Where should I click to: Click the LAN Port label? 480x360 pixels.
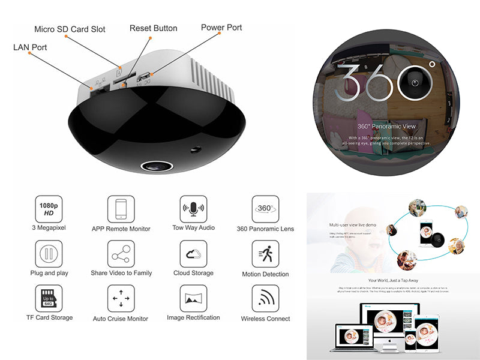pos(30,47)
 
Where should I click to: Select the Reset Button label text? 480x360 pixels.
pos(154,28)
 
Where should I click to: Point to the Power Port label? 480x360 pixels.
pos(221,28)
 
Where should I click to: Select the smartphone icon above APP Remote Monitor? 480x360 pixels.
pos(121,209)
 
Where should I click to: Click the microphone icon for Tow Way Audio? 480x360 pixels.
pos(193,209)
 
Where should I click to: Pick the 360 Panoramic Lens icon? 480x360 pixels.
pos(265,209)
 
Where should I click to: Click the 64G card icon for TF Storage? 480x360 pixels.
pos(49,298)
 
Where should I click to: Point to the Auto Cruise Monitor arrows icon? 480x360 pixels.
pos(121,298)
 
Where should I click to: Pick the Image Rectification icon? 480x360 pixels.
pos(193,298)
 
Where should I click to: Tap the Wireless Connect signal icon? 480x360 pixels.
pos(265,298)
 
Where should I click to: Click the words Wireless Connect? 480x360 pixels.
pos(265,319)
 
